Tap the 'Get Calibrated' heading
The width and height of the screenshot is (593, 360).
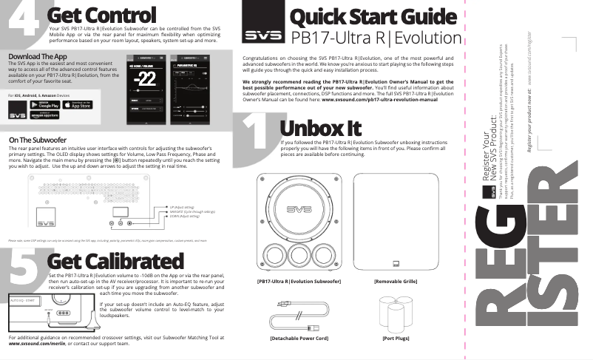click(115, 261)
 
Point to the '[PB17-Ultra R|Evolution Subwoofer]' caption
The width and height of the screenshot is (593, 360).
click(298, 282)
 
